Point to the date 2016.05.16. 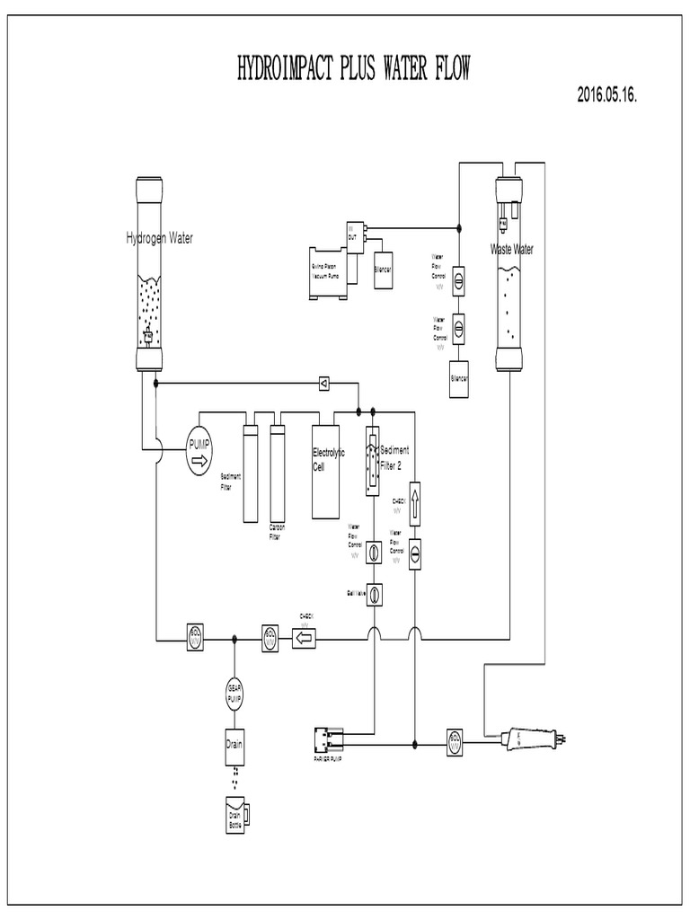coord(607,97)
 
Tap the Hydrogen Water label coord(159,238)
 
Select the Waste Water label coord(510,250)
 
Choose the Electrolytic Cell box coord(325,470)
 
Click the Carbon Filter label coord(275,533)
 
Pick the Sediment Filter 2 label coord(394,456)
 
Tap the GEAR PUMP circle coord(234,694)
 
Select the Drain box coord(234,744)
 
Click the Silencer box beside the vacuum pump coord(383,268)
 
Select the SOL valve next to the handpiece coord(455,742)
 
